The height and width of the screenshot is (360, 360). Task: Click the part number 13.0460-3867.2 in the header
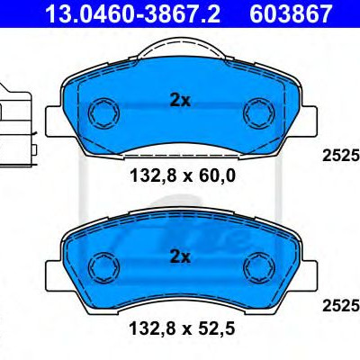132,13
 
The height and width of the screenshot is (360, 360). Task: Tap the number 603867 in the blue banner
291,13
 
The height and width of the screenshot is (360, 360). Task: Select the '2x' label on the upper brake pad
180,101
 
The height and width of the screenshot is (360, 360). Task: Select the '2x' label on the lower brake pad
180,256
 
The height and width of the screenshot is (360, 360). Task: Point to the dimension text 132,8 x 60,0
183,176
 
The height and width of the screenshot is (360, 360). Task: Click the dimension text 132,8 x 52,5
182,329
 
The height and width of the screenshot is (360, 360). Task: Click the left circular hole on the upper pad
103,113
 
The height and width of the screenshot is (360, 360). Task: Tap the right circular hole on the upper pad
259,113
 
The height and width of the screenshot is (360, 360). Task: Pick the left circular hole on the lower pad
104,266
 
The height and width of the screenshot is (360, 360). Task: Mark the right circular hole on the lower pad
258,266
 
